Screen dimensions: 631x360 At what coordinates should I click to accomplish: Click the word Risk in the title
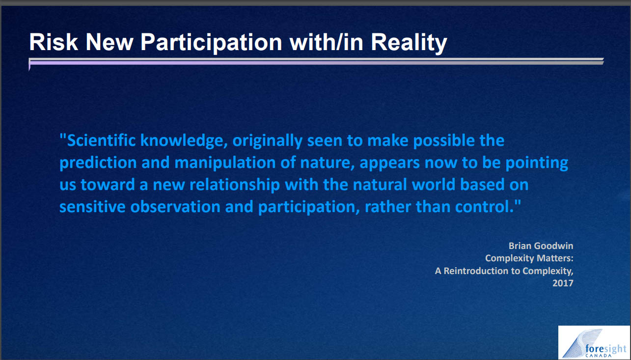[x=54, y=42]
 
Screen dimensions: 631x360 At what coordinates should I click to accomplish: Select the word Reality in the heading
[x=409, y=43]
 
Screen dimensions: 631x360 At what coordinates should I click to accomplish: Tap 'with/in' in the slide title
[x=326, y=42]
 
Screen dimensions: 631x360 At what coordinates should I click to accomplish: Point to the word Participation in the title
[x=211, y=43]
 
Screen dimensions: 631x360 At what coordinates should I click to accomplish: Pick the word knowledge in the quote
[x=184, y=141]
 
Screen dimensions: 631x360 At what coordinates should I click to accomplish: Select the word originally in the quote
[x=267, y=141]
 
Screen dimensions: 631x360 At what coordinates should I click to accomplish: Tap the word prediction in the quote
[x=98, y=163]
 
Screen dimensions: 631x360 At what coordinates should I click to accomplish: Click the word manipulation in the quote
[x=225, y=163]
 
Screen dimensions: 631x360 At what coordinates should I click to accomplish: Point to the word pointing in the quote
[x=537, y=163]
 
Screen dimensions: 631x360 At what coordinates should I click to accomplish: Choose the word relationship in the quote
[x=235, y=185]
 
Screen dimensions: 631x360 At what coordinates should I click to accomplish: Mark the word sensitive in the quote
[x=92, y=207]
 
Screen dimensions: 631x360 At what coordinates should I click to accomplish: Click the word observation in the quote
[x=175, y=207]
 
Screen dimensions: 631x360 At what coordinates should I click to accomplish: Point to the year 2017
[x=563, y=283]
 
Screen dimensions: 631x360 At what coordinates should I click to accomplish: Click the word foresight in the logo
[x=605, y=349]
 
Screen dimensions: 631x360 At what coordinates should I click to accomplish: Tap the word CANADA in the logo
[x=598, y=356]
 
